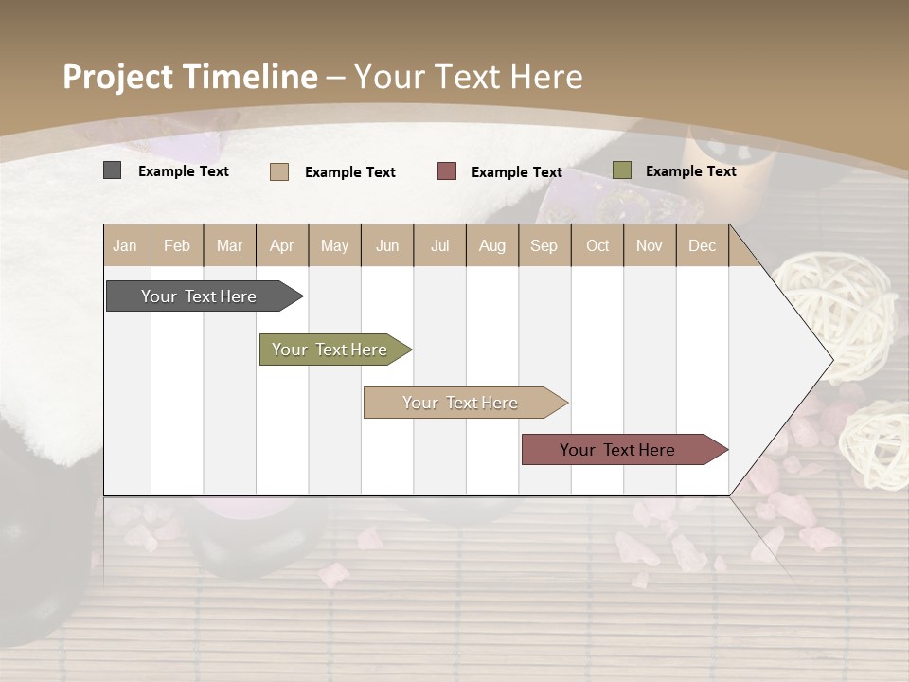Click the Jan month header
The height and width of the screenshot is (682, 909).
(x=125, y=245)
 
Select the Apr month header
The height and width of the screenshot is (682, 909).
(x=282, y=245)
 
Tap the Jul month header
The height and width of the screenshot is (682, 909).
(x=439, y=245)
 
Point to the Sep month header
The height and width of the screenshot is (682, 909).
(x=544, y=245)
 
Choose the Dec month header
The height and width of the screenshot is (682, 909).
(x=702, y=245)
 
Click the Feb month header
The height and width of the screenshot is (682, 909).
(x=177, y=245)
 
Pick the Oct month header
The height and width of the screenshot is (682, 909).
(x=597, y=245)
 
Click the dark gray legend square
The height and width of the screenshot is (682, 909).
(x=113, y=170)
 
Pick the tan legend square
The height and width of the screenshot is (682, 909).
(x=279, y=171)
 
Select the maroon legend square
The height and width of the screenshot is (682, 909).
(x=447, y=171)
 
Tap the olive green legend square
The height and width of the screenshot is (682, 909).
(x=622, y=170)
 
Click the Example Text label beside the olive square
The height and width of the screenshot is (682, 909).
(x=690, y=171)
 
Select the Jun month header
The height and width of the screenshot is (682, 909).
(x=387, y=245)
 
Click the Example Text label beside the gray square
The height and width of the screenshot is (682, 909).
(x=184, y=171)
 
